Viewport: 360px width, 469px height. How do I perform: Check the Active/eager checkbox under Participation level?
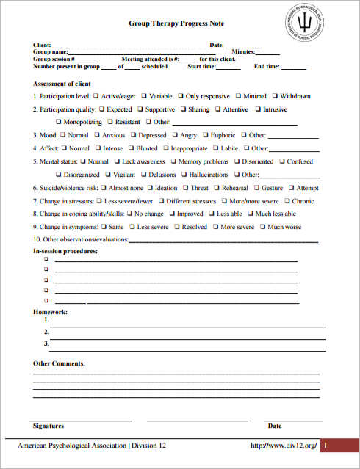(96, 96)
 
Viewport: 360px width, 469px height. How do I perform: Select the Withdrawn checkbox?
(275, 96)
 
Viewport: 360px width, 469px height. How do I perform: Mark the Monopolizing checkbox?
(58, 122)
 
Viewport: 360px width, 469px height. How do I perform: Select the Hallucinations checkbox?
(183, 175)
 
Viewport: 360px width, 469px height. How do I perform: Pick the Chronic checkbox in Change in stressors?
(287, 200)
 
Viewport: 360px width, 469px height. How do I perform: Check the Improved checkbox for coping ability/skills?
(170, 214)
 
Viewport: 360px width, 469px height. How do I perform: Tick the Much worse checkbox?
(262, 227)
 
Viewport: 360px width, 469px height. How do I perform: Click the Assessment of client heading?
(62, 84)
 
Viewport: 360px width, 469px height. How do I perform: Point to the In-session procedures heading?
(65, 251)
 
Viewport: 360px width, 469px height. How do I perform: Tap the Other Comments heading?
(59, 363)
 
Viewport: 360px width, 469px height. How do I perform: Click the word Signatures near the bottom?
(48, 426)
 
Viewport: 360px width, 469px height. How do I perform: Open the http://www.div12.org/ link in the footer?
(284, 446)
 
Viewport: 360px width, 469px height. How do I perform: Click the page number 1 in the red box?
(326, 446)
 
